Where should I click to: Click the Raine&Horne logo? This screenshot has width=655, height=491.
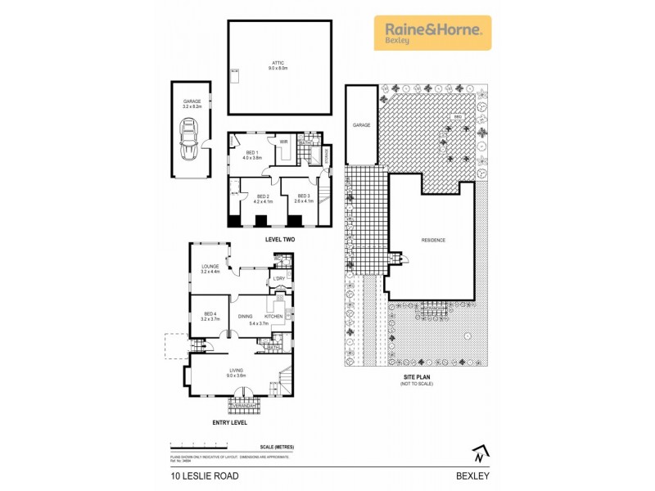(x=432, y=33)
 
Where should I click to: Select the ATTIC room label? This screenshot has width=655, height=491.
(x=278, y=64)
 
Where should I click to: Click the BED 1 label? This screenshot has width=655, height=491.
(x=253, y=152)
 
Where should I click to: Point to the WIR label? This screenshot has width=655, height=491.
(x=284, y=142)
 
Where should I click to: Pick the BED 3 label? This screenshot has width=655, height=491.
(x=303, y=196)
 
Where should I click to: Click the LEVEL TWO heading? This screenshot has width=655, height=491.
(x=279, y=239)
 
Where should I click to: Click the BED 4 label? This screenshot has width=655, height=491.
(x=210, y=313)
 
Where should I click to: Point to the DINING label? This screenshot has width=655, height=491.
(x=245, y=316)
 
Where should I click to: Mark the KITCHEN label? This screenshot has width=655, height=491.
(x=273, y=316)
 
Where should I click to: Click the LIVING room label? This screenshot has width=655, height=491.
(x=237, y=370)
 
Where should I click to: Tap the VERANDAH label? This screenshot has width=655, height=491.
(x=244, y=406)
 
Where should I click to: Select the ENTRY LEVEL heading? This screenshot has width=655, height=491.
(x=228, y=423)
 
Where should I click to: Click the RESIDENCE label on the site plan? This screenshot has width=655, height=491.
(x=433, y=241)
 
